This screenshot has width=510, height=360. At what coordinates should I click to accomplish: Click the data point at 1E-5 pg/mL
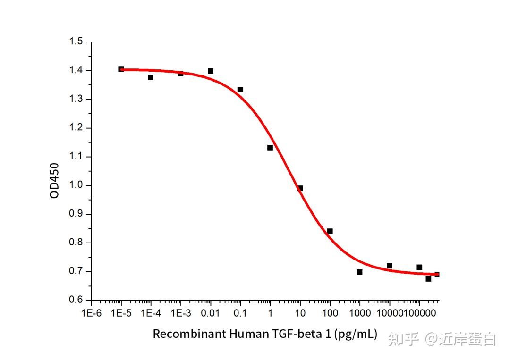(121, 69)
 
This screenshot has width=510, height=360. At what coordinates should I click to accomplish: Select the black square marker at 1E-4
(151, 77)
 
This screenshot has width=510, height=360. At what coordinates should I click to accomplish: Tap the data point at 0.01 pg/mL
(211, 71)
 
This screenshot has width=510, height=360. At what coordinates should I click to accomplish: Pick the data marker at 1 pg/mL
(270, 148)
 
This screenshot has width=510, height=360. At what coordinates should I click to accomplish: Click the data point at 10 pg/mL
(300, 188)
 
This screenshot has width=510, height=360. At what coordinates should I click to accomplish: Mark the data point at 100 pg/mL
(330, 231)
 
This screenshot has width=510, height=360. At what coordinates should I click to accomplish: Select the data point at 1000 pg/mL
(360, 272)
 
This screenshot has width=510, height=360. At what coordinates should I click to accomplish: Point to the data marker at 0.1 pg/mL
(240, 90)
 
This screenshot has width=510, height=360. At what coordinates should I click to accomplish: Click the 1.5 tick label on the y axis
(76, 42)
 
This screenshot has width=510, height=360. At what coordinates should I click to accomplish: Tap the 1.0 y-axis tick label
(76, 185)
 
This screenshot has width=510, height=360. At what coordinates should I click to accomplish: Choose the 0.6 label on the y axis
(76, 300)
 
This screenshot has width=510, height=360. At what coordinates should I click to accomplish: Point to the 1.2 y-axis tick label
(76, 128)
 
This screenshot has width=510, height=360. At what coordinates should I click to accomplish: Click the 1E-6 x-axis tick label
(91, 313)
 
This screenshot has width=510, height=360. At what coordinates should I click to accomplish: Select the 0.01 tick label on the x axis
(211, 313)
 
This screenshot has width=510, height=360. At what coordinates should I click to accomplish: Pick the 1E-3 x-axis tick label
(180, 313)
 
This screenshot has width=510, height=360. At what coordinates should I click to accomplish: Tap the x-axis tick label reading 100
(330, 313)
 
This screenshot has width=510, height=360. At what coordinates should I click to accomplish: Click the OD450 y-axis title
(55, 180)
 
